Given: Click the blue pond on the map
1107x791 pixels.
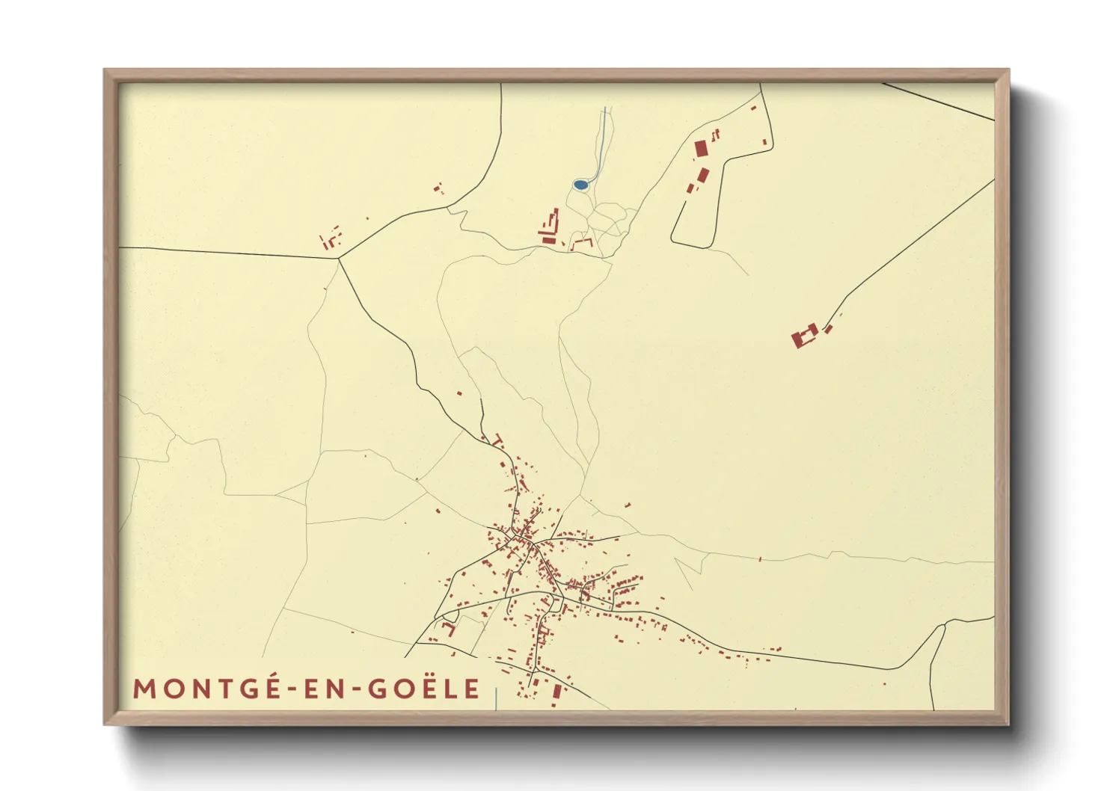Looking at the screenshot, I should coord(580,184).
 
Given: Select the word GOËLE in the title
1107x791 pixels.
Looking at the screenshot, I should coord(423,688).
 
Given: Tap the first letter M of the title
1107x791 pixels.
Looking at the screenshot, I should coord(144,689).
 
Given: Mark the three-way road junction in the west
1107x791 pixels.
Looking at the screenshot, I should coord(339,259).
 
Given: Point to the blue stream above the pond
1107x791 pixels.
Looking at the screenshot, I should coord(603,142).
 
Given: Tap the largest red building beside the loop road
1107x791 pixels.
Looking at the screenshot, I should coord(701,148).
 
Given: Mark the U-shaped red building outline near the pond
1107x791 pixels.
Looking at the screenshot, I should coord(581,243).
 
